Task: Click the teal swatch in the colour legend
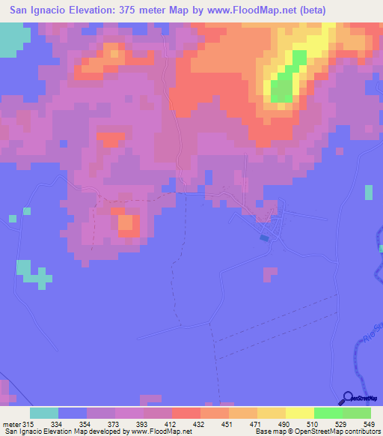coord(44,412)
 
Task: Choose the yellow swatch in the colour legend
coord(299,412)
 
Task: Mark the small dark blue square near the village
coord(263,238)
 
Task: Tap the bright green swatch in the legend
coord(328,412)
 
